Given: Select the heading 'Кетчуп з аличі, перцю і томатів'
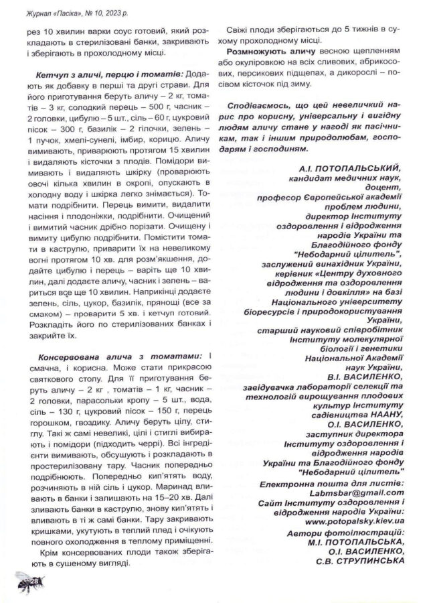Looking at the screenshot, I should [x=104, y=71].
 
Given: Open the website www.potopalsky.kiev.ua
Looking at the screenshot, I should [x=348, y=519].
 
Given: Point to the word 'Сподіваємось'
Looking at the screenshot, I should [x=258, y=106].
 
